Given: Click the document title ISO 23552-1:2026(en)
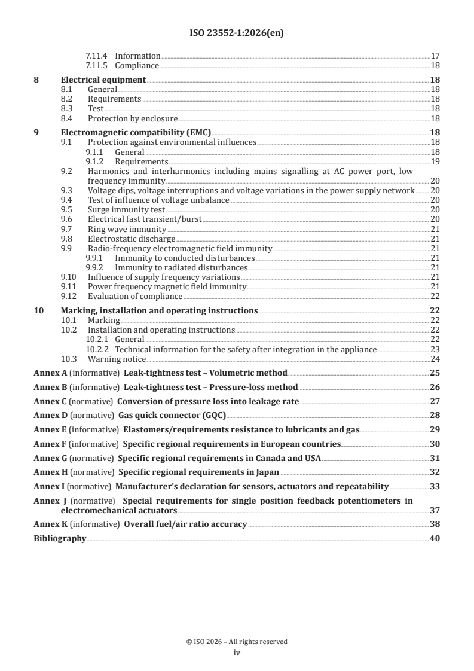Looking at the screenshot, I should tap(237, 33).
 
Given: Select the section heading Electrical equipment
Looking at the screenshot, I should tap(103, 80).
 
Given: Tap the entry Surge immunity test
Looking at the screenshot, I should tap(126, 209).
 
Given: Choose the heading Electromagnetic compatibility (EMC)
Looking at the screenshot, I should tap(136, 133).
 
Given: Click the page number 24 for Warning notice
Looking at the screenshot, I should tap(435, 359).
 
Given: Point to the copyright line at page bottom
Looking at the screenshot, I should tap(237, 642).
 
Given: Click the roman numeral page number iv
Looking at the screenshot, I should tap(237, 653).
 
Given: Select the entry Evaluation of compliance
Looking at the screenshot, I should tap(135, 297).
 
